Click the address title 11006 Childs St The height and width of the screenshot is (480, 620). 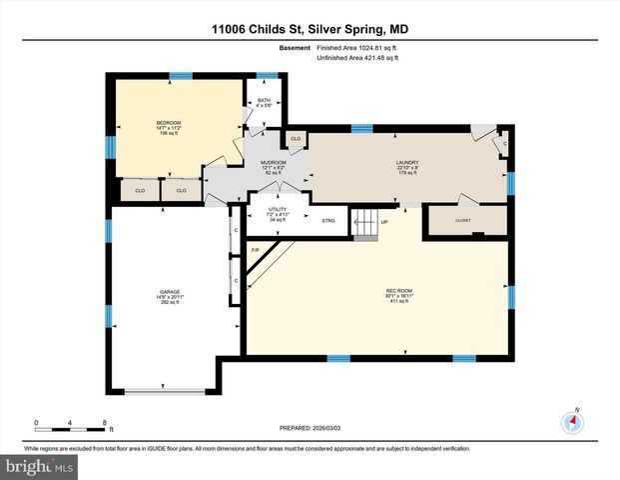[x=309, y=32]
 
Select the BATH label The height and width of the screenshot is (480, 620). [x=264, y=101]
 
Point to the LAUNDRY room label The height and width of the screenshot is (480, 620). [x=406, y=163]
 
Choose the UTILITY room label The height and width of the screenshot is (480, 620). [x=278, y=213]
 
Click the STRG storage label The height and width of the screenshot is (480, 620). [x=328, y=220]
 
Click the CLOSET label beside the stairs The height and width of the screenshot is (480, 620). [x=463, y=220]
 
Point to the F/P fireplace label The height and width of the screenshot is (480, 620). [x=256, y=249]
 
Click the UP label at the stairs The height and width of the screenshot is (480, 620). [x=384, y=221]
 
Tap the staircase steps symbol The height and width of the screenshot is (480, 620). [x=367, y=226]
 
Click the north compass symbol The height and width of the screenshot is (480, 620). [x=572, y=421]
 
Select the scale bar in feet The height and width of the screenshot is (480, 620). [x=70, y=424]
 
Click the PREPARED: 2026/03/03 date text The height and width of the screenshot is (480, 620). [x=309, y=427]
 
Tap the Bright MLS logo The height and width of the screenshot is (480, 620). [x=37, y=467]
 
